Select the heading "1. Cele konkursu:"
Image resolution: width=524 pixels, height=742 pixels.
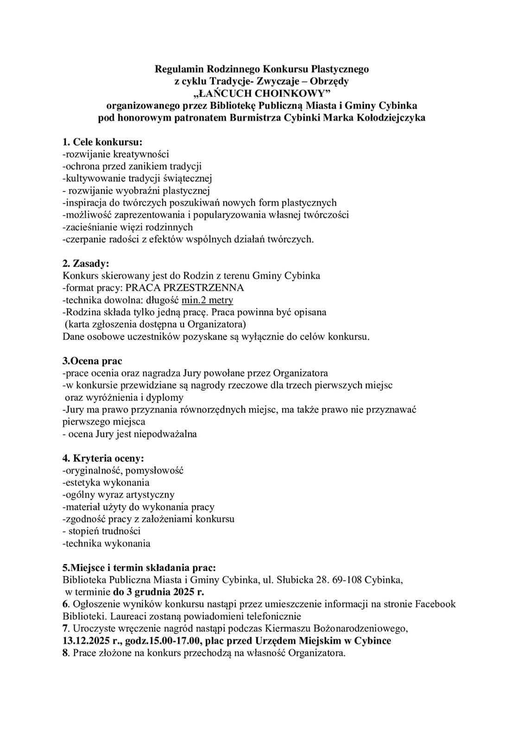[x=102, y=141]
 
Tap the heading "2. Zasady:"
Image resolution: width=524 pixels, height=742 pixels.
[x=86, y=263]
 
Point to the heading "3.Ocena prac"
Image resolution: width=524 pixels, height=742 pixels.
[x=92, y=361]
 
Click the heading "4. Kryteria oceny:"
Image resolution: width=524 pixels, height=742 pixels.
[x=103, y=458]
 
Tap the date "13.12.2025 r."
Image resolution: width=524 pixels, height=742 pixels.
[x=90, y=641]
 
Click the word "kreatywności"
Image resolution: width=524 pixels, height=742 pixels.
[x=141, y=154]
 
